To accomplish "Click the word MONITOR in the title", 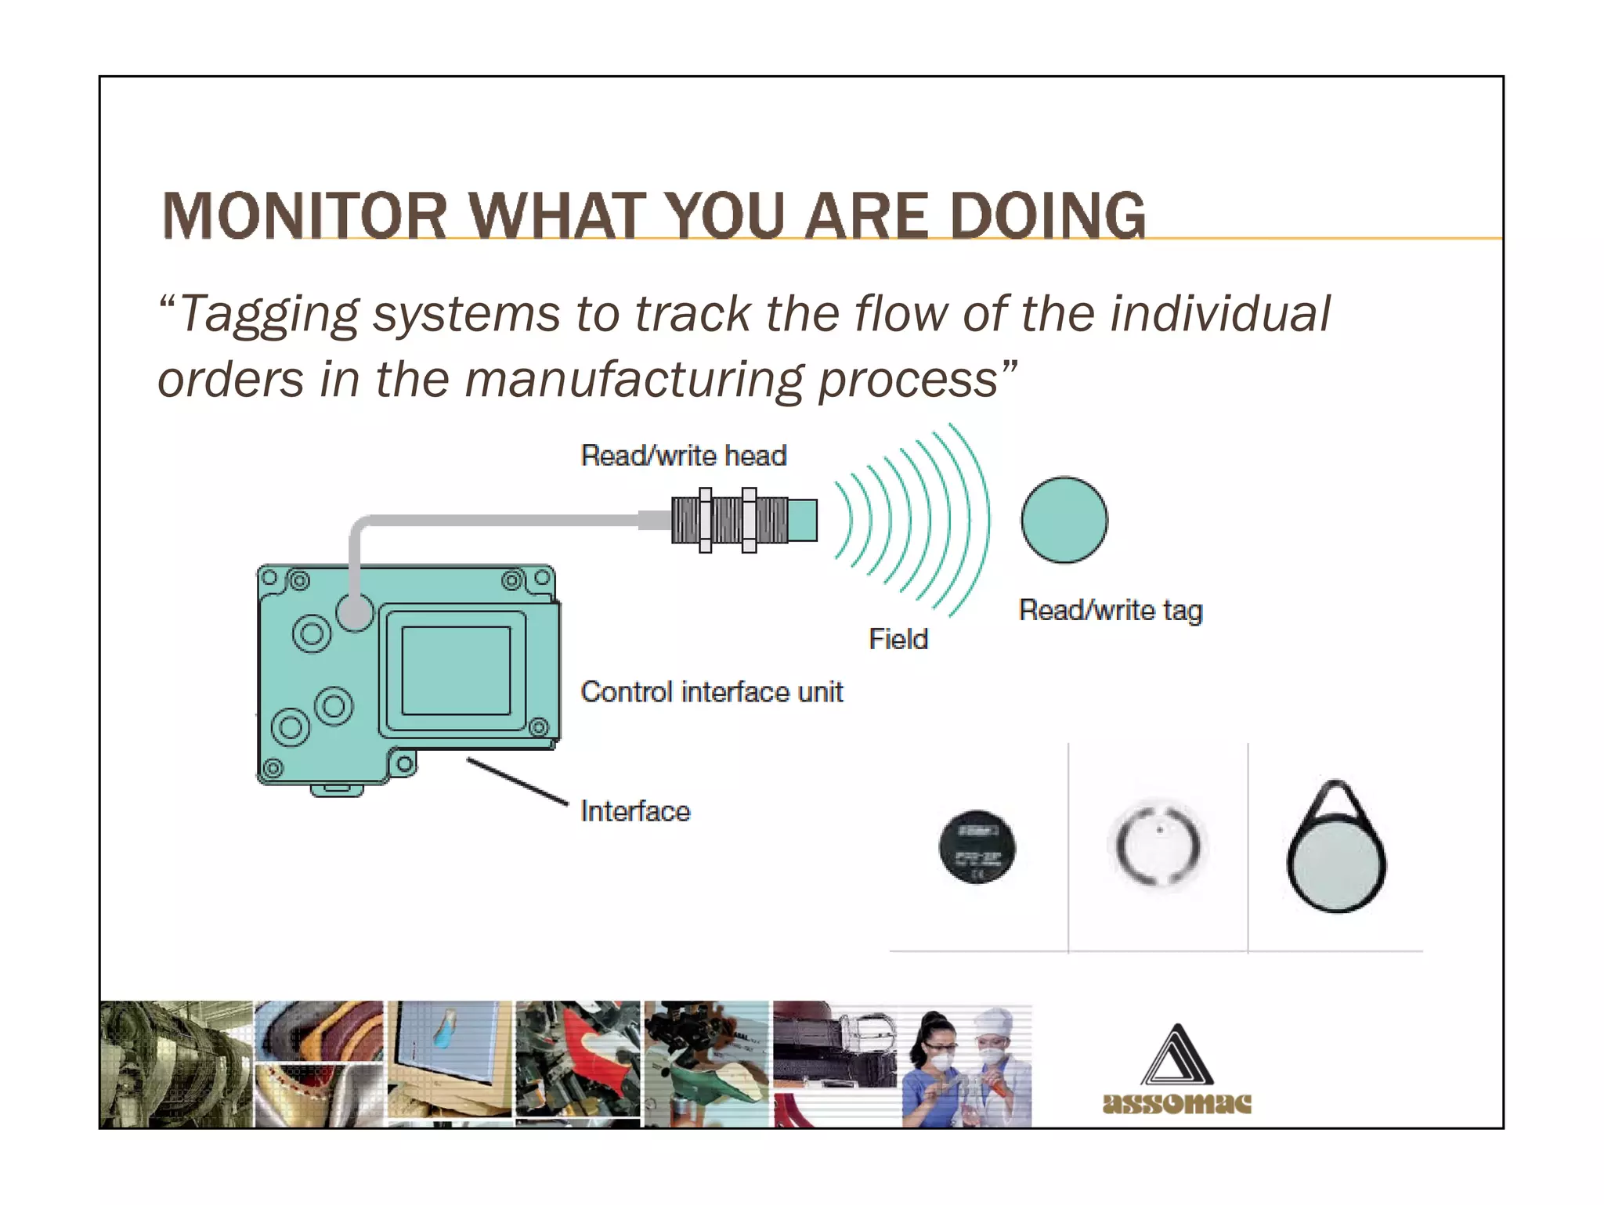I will [304, 216].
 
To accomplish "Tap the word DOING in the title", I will [1047, 216].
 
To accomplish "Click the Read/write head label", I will [683, 456].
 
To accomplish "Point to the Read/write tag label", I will [1110, 610].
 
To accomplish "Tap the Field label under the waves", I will [898, 639].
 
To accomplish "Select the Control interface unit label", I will [711, 692].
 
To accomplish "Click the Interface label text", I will [635, 811].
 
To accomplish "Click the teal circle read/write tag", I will [1064, 520].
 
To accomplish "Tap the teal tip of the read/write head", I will [802, 520].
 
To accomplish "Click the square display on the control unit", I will [456, 670].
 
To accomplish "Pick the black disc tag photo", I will [977, 847].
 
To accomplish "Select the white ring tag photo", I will [1158, 846].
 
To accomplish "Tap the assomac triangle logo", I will [1176, 1057].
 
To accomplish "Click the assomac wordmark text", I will [1176, 1103].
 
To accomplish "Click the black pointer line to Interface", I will [517, 781].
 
